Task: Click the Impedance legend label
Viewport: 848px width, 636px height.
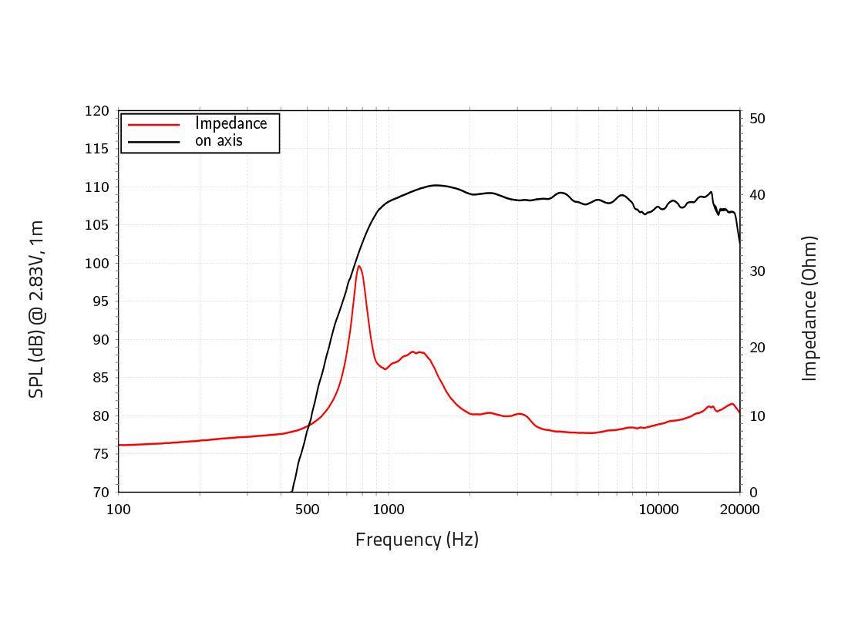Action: tap(231, 123)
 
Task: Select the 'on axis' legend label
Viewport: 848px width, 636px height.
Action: tap(218, 141)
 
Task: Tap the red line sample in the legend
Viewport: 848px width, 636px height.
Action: tap(153, 124)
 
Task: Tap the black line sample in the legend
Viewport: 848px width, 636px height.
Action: tap(153, 141)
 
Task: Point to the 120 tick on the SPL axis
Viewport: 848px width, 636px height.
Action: tap(96, 111)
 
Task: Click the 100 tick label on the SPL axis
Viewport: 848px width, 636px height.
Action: tap(96, 264)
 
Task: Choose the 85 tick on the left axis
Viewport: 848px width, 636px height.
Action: tap(100, 378)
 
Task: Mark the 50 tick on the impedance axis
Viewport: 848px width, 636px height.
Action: tap(757, 119)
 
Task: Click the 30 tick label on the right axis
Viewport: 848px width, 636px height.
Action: tap(757, 271)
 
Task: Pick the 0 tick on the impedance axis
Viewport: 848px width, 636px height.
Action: tap(753, 493)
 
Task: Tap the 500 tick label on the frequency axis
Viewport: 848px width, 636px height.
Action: tap(307, 510)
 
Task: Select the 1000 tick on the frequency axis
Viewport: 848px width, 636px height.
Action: tap(388, 510)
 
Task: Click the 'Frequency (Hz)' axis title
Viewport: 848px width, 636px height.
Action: tap(416, 540)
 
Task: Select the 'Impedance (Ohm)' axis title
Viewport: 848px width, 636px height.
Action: tap(809, 308)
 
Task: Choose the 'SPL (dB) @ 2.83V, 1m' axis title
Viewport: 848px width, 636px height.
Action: tap(36, 308)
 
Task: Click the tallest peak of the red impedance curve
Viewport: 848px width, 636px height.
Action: tap(358, 267)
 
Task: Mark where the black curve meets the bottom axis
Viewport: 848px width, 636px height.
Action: tap(292, 491)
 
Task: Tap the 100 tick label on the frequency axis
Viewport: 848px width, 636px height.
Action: tap(118, 510)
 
